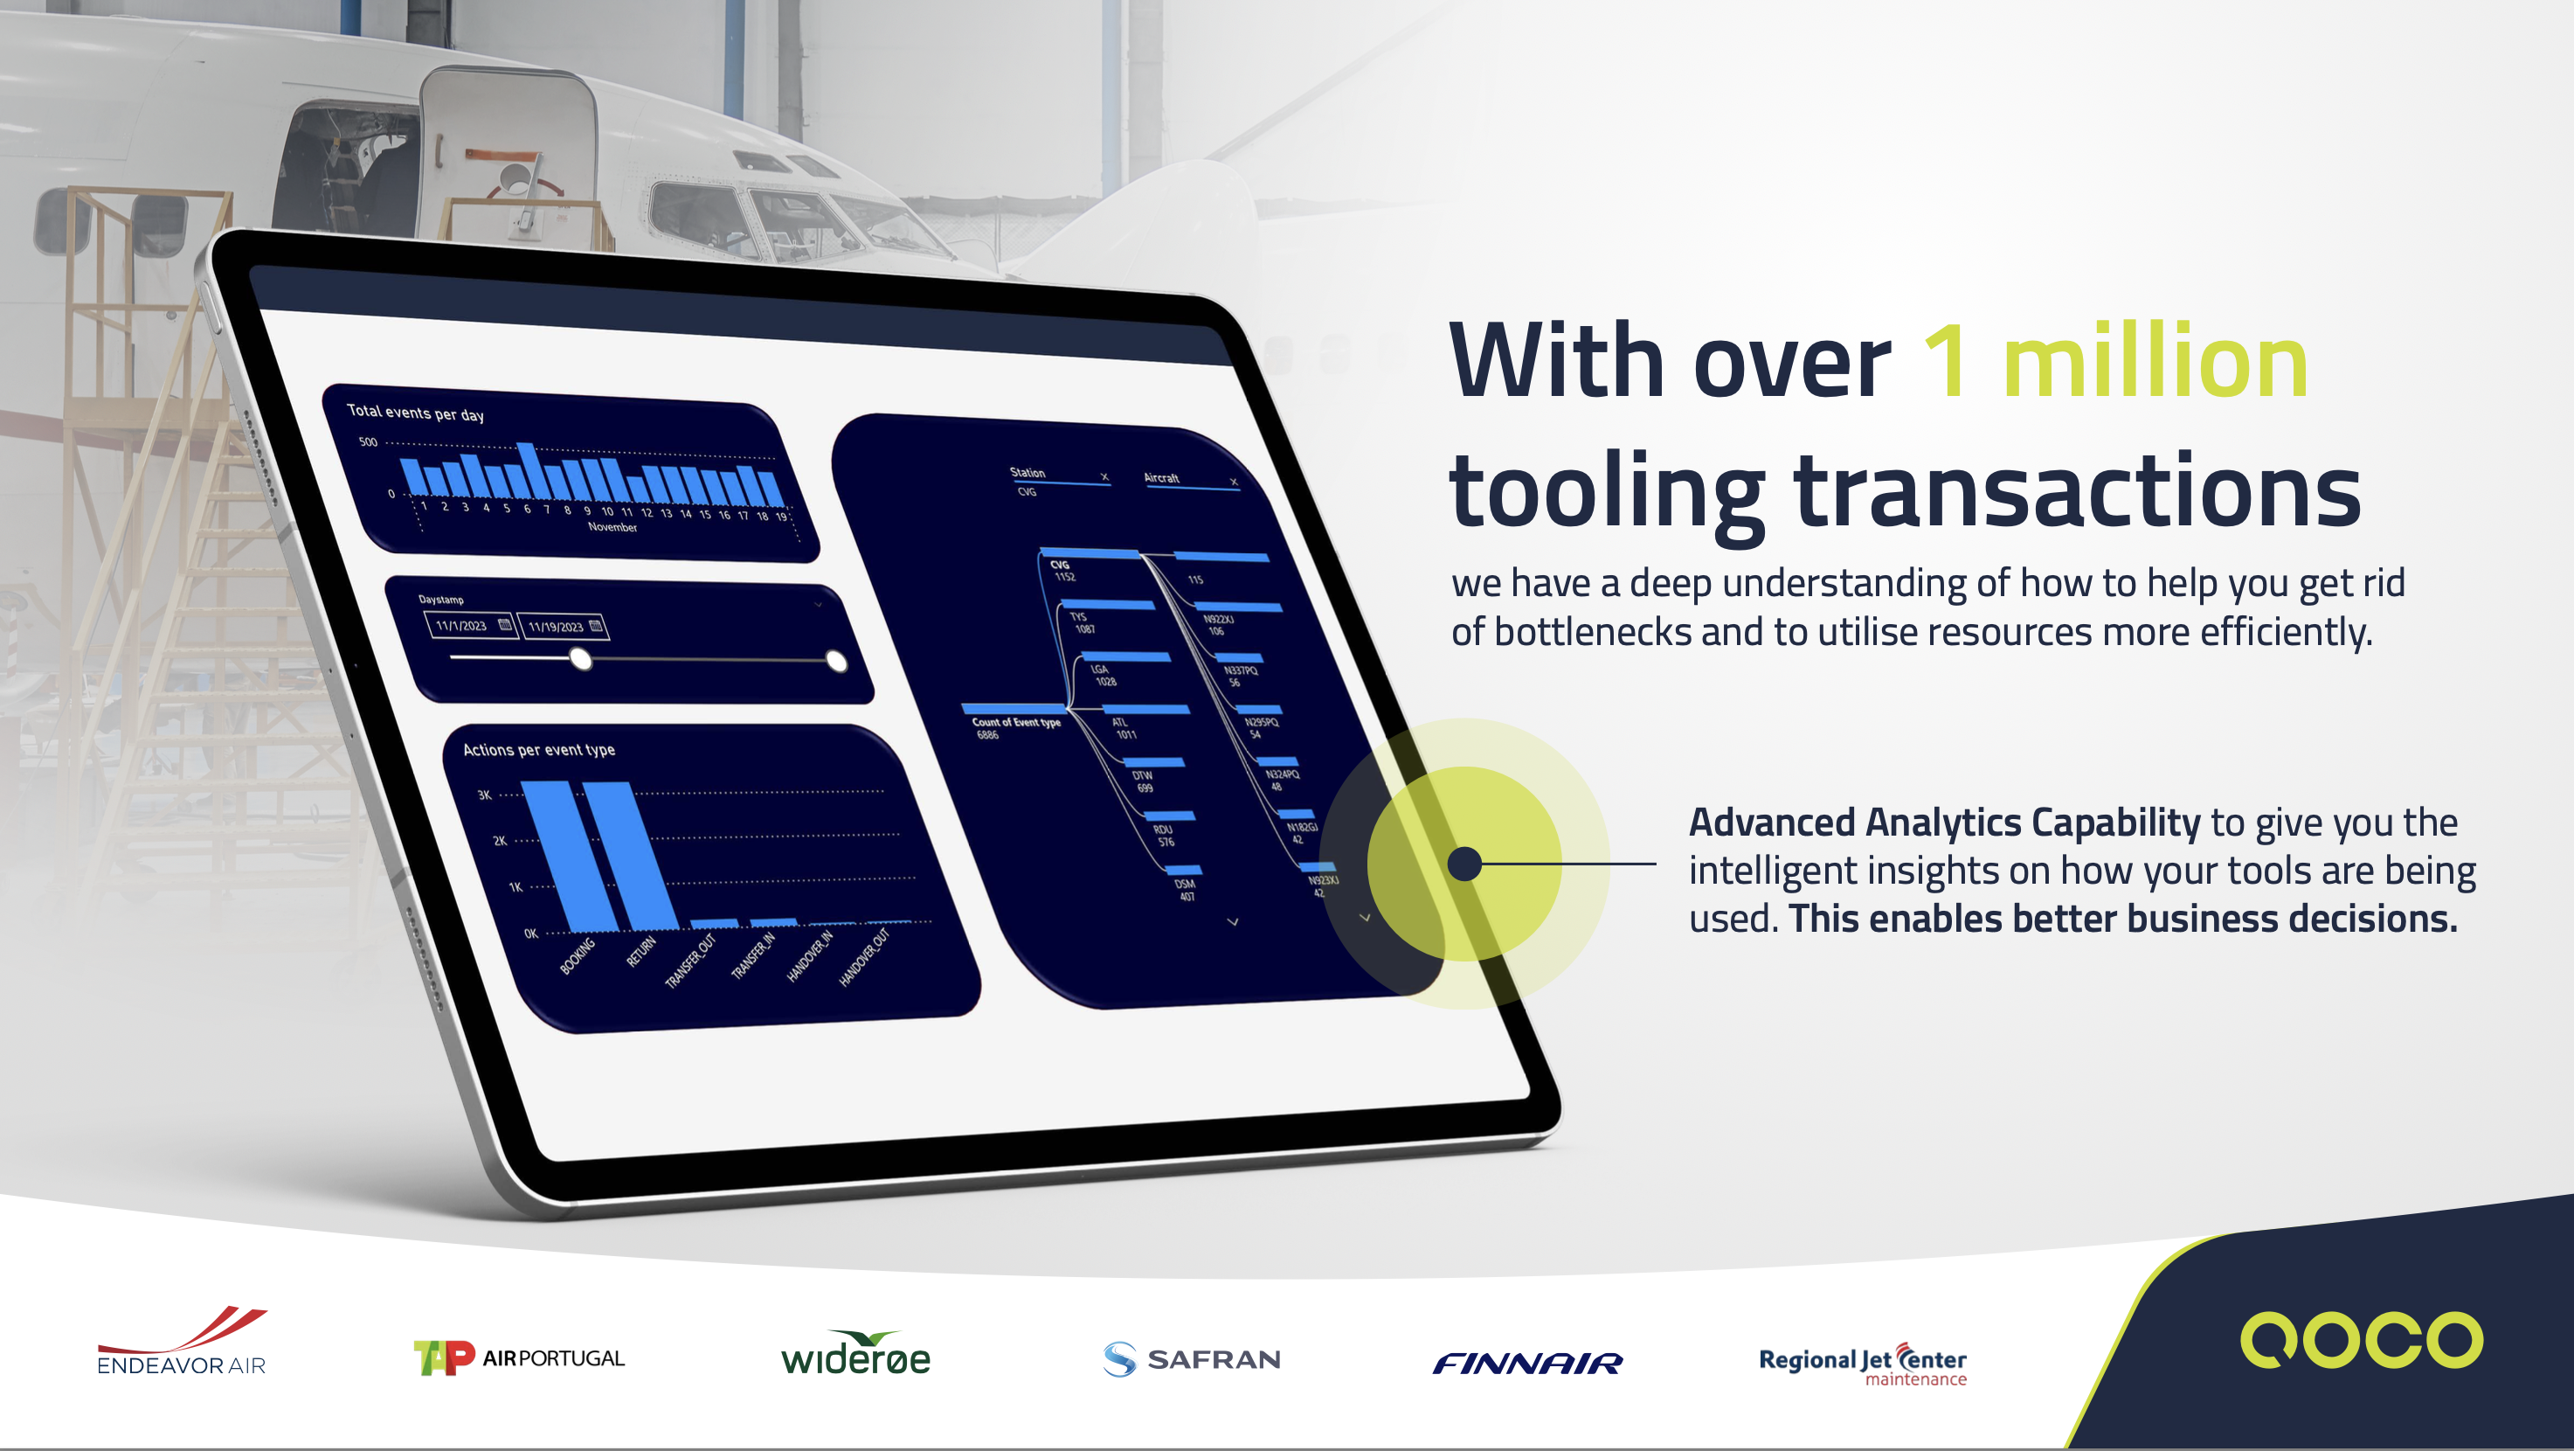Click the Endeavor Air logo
[182, 1342]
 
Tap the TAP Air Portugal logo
[519, 1357]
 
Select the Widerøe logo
[855, 1355]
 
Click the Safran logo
[1191, 1359]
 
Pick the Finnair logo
[1526, 1363]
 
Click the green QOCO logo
[2360, 1339]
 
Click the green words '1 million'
[2114, 362]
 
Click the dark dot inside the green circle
[1463, 864]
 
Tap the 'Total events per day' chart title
[415, 412]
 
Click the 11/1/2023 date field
[470, 626]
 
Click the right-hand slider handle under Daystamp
[836, 661]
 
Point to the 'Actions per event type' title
[538, 749]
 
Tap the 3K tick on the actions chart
[485, 795]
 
